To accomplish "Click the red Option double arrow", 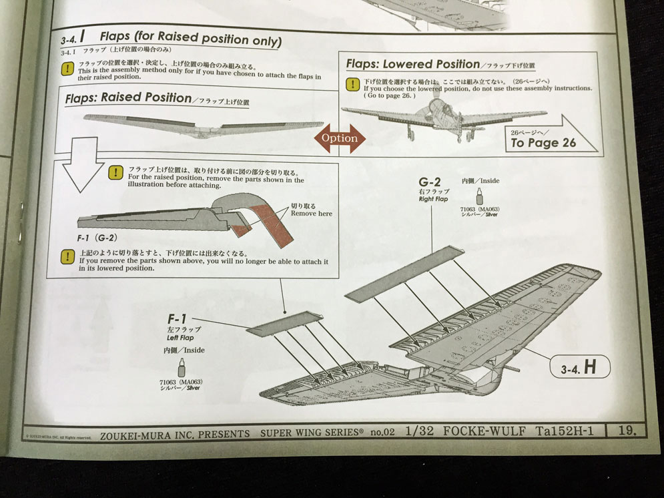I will pos(340,138).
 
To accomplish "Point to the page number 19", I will pos(627,431).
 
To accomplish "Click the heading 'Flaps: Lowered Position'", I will pos(413,64).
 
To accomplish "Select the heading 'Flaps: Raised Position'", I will pos(129,97).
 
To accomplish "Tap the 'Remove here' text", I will pos(311,214).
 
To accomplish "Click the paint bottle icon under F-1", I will pos(181,367).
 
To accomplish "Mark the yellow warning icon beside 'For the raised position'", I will pos(115,172).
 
